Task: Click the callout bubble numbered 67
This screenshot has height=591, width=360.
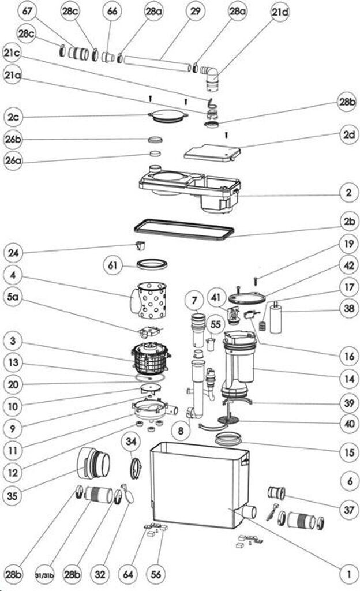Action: tap(28, 12)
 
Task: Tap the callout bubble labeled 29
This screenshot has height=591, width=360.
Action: tap(195, 12)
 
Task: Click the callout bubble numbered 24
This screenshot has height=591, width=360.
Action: tap(14, 252)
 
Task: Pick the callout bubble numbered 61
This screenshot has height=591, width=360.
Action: tap(114, 265)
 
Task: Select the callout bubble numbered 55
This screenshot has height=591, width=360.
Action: tap(216, 325)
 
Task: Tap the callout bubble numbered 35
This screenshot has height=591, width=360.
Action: tap(14, 495)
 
